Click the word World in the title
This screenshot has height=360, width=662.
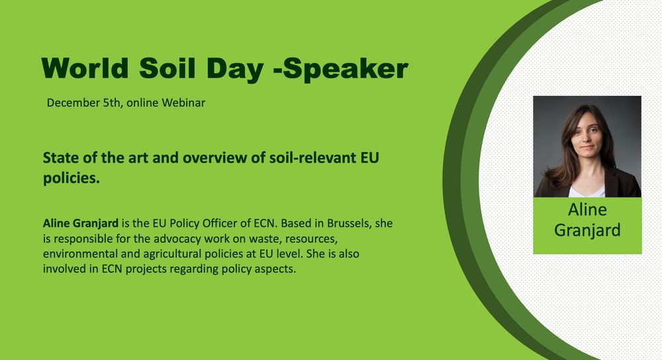(85, 67)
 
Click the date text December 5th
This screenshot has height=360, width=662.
(83, 103)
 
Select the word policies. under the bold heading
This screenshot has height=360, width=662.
(71, 179)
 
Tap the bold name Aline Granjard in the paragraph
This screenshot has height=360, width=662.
(81, 223)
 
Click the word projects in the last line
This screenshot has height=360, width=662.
(146, 269)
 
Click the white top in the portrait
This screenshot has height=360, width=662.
(587, 191)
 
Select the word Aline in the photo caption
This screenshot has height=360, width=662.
(587, 210)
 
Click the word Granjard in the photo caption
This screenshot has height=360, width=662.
(587, 230)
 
